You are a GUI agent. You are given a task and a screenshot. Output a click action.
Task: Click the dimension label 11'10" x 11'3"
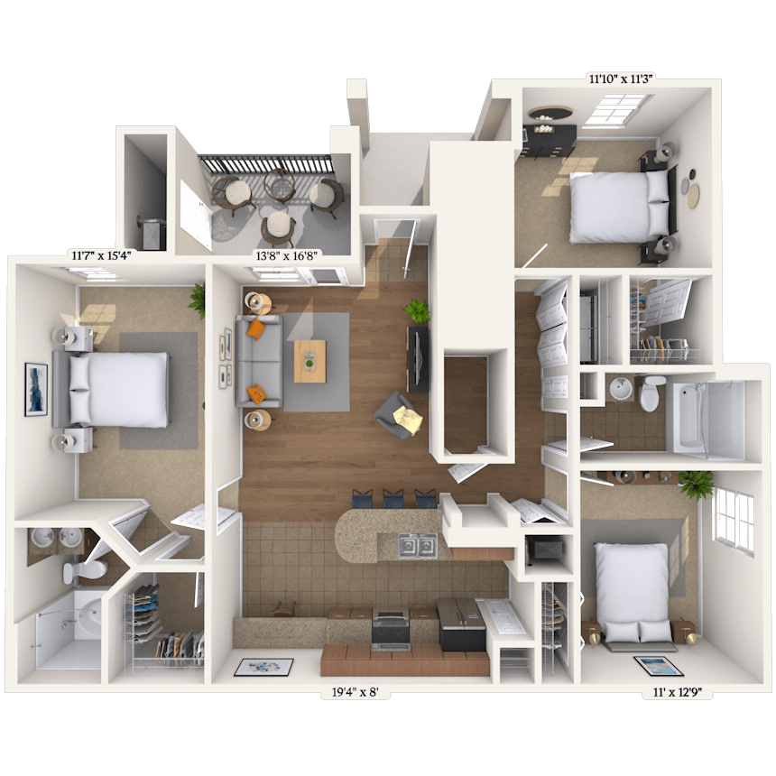pyautogui.click(x=622, y=79)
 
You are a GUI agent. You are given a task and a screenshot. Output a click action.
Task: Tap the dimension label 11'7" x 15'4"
pyautogui.click(x=101, y=256)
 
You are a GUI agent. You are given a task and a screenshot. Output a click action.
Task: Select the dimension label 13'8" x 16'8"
pyautogui.click(x=286, y=256)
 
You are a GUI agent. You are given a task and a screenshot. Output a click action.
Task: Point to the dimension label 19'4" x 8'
pyautogui.click(x=355, y=692)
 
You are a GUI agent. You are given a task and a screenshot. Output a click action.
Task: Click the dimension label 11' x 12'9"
pyautogui.click(x=678, y=692)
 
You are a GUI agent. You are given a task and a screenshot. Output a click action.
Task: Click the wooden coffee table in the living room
pyautogui.click(x=310, y=361)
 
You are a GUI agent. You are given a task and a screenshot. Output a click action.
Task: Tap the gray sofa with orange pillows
pyautogui.click(x=258, y=361)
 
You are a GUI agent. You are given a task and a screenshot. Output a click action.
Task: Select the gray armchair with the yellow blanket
pyautogui.click(x=398, y=416)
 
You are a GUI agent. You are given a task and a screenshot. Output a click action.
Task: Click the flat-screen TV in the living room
pyautogui.click(x=417, y=359)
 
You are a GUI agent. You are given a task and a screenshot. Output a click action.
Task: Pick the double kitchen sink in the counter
pyautogui.click(x=418, y=546)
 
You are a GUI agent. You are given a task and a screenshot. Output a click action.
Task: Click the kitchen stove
pyautogui.click(x=391, y=629)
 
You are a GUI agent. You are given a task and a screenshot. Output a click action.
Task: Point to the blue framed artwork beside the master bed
pyautogui.click(x=36, y=389)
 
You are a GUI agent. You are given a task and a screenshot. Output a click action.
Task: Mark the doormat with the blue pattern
pyautogui.click(x=263, y=667)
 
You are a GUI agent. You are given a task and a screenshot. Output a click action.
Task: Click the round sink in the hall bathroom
pyautogui.click(x=621, y=389)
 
